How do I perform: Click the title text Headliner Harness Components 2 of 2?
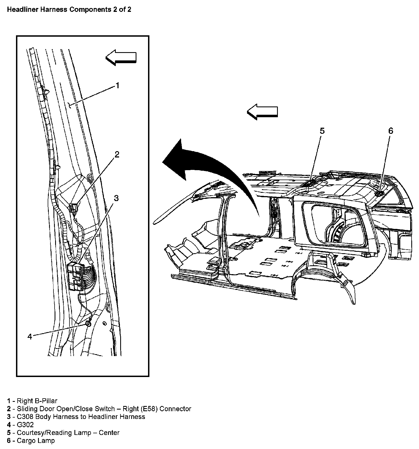tap(69, 10)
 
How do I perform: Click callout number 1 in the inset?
tap(117, 85)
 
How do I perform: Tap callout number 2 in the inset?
tap(117, 154)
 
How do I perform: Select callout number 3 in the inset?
tap(116, 198)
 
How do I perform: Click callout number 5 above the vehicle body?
tap(322, 131)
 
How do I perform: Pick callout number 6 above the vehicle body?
tap(390, 131)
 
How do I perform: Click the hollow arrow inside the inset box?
tap(121, 57)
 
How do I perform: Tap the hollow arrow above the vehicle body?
tap(262, 112)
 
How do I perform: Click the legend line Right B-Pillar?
tap(32, 401)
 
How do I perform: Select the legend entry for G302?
tap(20, 425)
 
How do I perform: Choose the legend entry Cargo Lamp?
tap(31, 441)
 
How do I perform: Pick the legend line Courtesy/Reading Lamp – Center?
tap(63, 433)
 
